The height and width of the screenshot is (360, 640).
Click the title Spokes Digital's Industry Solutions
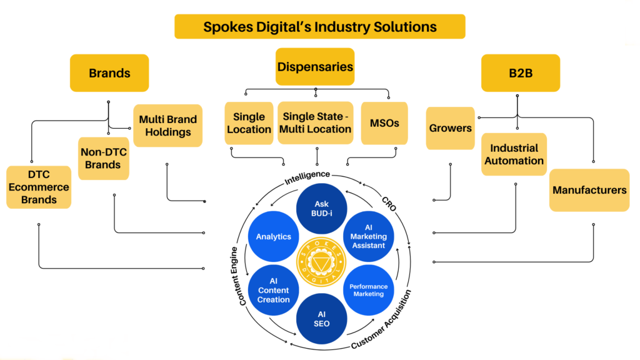coord(319,27)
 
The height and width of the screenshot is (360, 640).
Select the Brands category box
coord(109,73)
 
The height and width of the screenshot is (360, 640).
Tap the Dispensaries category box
coord(315,67)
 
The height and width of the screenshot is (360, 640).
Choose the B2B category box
coord(520,73)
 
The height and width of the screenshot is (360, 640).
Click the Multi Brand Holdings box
coord(167,126)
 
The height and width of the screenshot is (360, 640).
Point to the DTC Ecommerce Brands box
coord(39,187)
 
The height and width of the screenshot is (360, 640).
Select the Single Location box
coord(249,123)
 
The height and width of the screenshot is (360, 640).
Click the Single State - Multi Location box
coord(316,123)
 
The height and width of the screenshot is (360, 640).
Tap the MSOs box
coord(384,123)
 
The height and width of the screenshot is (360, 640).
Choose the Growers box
coord(450,128)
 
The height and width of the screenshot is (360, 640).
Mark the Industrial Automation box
coord(514,154)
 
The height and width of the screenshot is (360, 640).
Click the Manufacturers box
coord(589,190)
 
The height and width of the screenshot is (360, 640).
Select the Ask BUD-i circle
coord(321,209)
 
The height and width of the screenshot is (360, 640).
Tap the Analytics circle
coord(274,237)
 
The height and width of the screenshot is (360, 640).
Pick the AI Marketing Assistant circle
coord(369,237)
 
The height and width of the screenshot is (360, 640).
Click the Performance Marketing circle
coord(369,290)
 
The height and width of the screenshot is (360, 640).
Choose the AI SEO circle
coord(321,318)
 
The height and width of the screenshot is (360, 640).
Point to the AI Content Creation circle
coord(274,290)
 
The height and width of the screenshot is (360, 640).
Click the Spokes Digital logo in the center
coord(321,263)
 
